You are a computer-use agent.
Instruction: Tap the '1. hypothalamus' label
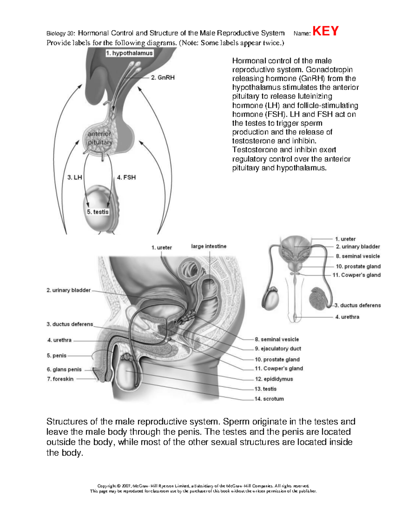(x=129, y=53)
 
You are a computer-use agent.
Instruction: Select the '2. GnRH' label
(x=163, y=77)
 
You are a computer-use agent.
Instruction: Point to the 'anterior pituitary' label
(x=100, y=138)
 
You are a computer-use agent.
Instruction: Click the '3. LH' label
(x=75, y=177)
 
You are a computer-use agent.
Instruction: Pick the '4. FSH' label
(x=126, y=177)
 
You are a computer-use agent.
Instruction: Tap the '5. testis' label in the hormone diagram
(x=98, y=212)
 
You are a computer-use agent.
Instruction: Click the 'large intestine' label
(x=209, y=246)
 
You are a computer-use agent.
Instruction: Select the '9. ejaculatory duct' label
(x=278, y=348)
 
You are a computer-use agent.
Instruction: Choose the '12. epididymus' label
(x=274, y=379)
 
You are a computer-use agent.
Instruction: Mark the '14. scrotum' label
(x=269, y=399)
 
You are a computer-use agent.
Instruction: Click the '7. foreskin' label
(x=60, y=379)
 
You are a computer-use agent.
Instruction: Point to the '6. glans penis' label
(x=64, y=369)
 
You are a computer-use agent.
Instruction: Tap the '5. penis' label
(x=57, y=355)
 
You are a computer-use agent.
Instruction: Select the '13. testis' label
(x=266, y=389)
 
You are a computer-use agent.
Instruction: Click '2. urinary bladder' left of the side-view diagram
(x=68, y=290)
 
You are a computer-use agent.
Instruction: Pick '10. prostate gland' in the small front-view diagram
(x=358, y=266)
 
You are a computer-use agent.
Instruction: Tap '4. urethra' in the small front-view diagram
(x=347, y=317)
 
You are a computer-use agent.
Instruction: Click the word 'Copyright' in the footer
(x=107, y=486)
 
